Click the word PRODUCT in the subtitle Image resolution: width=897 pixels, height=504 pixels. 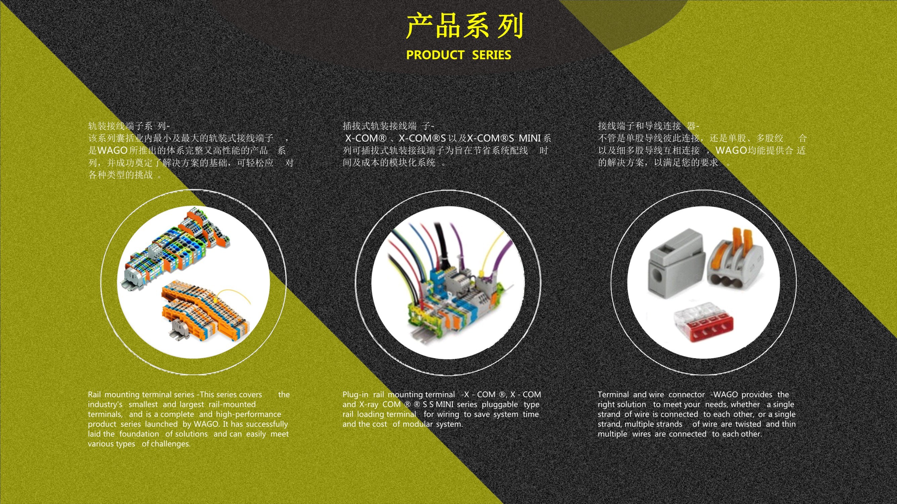435,55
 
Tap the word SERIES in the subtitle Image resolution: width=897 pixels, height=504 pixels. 491,55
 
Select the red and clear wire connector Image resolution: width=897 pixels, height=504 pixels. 703,322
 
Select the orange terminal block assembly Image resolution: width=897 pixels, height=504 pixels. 205,310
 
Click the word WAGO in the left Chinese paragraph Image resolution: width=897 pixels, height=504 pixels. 113,151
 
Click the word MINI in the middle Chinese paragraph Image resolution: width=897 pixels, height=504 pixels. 530,138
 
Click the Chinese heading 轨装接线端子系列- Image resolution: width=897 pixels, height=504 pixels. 129,126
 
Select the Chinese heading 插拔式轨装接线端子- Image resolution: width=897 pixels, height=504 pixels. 388,126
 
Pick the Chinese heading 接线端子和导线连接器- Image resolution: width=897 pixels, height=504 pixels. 648,126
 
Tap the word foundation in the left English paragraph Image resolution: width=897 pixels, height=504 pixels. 139,434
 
